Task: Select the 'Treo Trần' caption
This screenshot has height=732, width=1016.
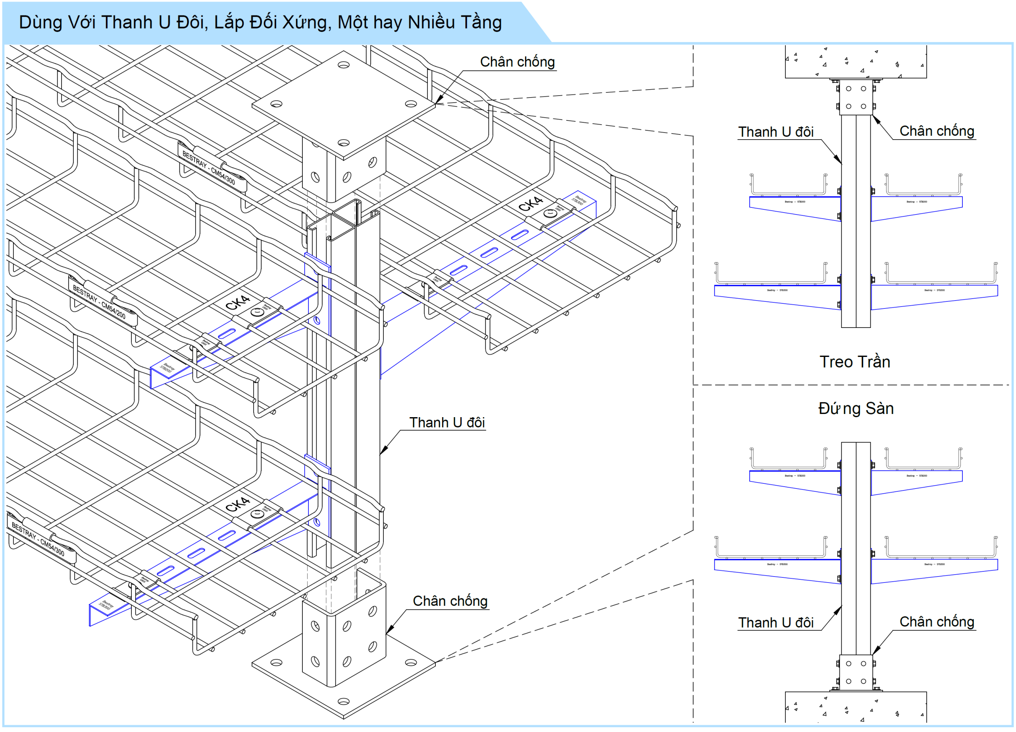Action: tap(854, 362)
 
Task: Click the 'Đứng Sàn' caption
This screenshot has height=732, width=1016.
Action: tap(856, 409)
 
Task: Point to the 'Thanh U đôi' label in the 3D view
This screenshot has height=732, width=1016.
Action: tap(446, 423)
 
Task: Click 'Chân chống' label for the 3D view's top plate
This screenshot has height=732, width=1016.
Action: tap(517, 62)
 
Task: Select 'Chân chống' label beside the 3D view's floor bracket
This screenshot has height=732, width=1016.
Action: tap(450, 601)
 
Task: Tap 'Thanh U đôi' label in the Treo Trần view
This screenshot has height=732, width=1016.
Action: tap(775, 132)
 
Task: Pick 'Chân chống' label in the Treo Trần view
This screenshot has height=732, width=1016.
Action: tap(937, 131)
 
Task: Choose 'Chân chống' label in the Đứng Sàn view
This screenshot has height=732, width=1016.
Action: tap(937, 622)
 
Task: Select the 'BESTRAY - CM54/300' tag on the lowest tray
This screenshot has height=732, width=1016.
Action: tap(38, 539)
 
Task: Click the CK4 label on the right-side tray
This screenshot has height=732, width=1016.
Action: tap(530, 204)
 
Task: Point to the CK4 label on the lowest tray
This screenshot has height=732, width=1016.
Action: tap(237, 504)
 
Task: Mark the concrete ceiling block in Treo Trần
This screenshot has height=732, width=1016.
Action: tap(855, 61)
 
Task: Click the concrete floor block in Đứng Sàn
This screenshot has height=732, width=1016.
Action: tap(855, 707)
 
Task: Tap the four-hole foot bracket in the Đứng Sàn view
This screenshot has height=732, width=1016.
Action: tap(856, 673)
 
